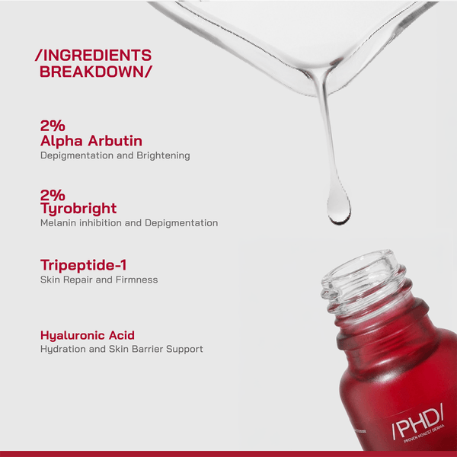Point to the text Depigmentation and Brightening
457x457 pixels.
tap(114, 155)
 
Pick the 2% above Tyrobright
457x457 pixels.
tap(53, 194)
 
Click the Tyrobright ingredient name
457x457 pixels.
tap(78, 208)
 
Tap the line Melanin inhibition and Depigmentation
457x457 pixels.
tap(129, 223)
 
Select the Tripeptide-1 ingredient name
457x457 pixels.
tap(83, 264)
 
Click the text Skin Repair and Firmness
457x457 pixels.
tap(98, 280)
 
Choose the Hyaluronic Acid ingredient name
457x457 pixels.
tap(87, 334)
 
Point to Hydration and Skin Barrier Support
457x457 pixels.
tap(121, 349)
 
